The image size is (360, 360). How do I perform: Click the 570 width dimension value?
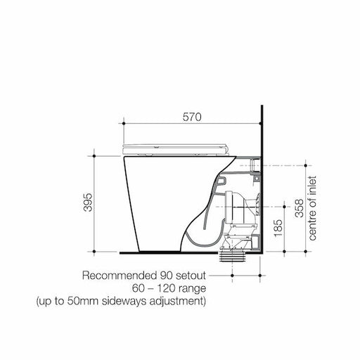192,118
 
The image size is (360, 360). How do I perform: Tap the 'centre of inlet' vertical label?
313,208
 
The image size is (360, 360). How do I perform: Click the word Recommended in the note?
117,275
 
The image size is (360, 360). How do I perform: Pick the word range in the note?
190,288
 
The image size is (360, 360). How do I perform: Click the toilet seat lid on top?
176,147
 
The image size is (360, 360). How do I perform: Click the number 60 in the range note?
138,288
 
